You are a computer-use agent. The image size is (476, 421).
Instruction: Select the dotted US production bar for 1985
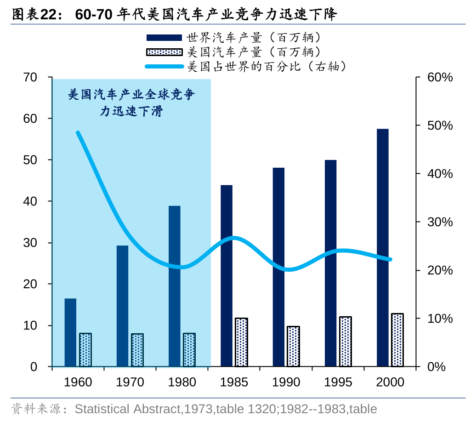click(x=241, y=342)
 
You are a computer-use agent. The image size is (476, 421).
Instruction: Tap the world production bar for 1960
click(x=70, y=332)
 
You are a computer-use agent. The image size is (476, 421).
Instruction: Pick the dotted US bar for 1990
click(x=293, y=346)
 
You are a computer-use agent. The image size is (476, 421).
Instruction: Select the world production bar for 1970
click(x=122, y=306)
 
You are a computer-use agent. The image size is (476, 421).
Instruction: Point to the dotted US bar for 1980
click(x=189, y=350)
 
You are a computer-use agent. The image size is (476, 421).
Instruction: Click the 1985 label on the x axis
click(x=234, y=382)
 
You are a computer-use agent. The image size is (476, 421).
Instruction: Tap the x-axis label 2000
click(x=390, y=382)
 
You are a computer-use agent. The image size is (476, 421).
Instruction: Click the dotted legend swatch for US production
click(x=164, y=52)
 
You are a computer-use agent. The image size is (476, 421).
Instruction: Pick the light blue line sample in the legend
click(x=164, y=67)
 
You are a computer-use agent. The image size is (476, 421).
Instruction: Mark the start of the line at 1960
click(x=78, y=133)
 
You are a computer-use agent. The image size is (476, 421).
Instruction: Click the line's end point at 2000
click(x=391, y=260)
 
